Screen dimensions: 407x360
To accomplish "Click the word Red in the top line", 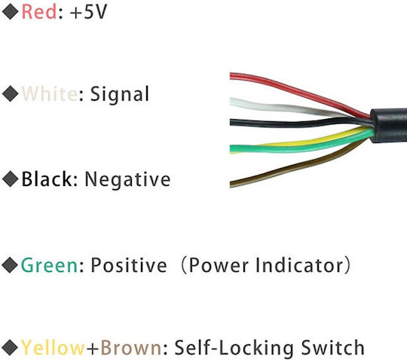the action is [x=39, y=12].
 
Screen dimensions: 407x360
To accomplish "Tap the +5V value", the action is [x=88, y=12].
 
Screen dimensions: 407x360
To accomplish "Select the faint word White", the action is [x=50, y=93].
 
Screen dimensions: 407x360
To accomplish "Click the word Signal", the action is [x=120, y=95].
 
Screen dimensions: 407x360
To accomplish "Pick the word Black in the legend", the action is [x=47, y=178].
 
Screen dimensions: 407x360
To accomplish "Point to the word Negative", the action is [x=127, y=180].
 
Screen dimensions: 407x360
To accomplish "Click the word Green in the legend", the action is [x=49, y=265].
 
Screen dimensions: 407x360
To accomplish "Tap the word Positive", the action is [x=129, y=265].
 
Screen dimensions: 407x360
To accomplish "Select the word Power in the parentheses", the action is [x=219, y=265].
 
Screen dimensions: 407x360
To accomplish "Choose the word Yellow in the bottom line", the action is [x=53, y=347].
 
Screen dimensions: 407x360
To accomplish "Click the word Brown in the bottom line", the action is [x=131, y=347].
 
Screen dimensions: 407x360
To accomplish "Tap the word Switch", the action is [x=333, y=347].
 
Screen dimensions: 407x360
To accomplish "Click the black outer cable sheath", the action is [x=389, y=125].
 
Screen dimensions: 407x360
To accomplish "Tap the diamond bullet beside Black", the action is [x=10, y=178].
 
